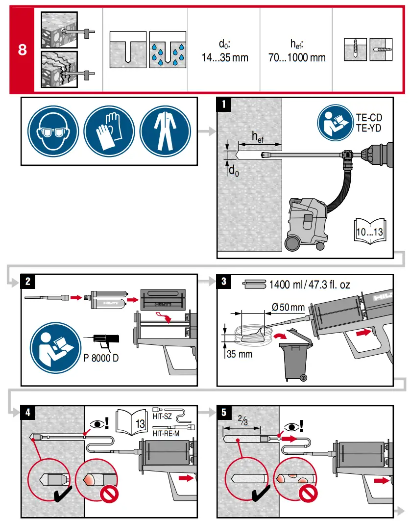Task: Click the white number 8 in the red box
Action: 22,51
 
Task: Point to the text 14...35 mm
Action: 225,57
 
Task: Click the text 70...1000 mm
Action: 297,57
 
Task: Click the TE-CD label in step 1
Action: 368,118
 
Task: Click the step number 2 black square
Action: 28,282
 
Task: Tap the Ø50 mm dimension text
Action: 288,308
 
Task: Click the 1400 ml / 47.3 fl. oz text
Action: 310,284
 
